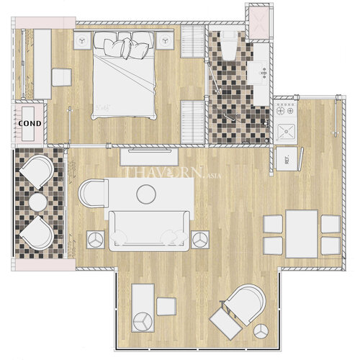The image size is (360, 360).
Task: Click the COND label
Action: coord(30,122)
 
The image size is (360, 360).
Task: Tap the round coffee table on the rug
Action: coord(146,193)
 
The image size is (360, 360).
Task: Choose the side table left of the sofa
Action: coord(96,238)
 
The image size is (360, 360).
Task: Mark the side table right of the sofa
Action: coord(199,237)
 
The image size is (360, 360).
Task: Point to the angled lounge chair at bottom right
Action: coord(241,310)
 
